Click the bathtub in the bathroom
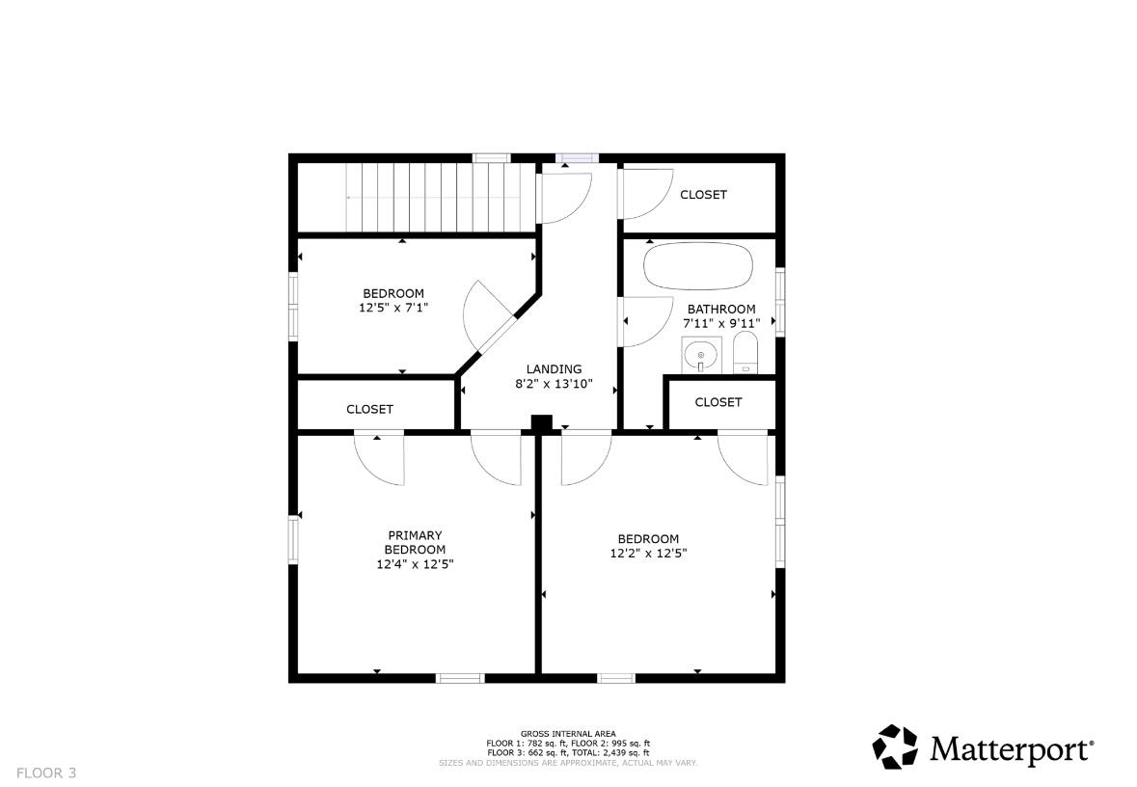[699, 266]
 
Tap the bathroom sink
[700, 355]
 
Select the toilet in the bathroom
[744, 353]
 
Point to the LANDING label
[554, 369]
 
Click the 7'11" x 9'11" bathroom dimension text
[721, 323]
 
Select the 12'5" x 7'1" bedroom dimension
[393, 308]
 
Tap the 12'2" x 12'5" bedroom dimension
[648, 554]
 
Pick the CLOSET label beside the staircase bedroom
[369, 409]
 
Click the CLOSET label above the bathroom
[703, 195]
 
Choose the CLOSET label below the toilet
[718, 402]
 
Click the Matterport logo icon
[895, 746]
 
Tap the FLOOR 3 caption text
[46, 773]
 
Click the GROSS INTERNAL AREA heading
[568, 734]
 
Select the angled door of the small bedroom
[488, 317]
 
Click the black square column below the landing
[542, 424]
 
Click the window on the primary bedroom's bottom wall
[460, 678]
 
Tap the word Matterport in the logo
[1010, 748]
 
